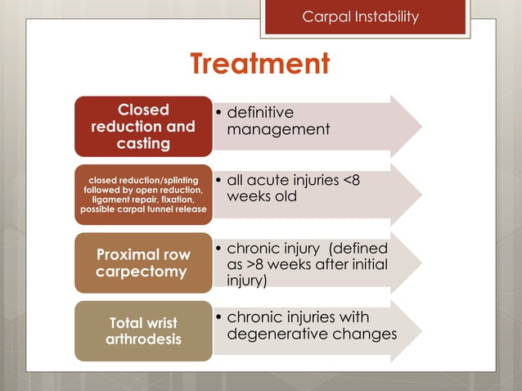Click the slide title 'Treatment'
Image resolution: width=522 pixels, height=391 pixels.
(260, 64)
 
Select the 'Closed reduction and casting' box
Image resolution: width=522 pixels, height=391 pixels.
(143, 126)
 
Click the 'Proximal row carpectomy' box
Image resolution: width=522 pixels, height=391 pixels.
(143, 262)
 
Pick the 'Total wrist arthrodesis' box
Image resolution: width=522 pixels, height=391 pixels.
(143, 330)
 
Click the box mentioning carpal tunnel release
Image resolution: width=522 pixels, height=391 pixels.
(143, 195)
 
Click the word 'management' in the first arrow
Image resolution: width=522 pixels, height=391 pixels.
(278, 130)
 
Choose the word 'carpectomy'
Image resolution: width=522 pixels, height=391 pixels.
(143, 271)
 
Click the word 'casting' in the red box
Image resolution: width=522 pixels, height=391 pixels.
(143, 144)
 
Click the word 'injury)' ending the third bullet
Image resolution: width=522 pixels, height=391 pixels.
(249, 281)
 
